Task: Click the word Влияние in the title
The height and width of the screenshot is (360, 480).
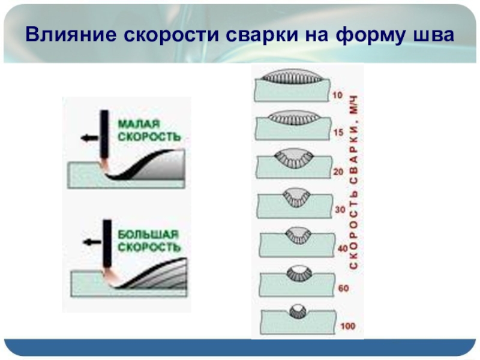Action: [71, 35]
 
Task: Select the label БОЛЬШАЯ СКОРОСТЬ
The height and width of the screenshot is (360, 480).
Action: [148, 240]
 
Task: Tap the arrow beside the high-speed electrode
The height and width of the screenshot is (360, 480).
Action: [91, 242]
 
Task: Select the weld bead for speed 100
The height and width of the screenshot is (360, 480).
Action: [298, 311]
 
